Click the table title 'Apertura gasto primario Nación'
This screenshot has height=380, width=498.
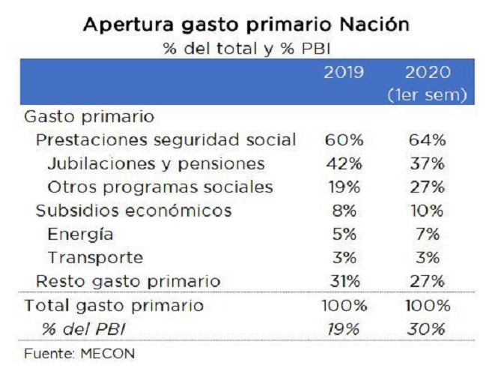click(246, 24)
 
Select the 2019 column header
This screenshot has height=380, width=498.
click(344, 73)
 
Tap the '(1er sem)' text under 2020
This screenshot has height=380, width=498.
click(427, 96)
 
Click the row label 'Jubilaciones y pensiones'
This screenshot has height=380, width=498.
click(156, 163)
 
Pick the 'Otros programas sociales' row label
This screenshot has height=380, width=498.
click(160, 187)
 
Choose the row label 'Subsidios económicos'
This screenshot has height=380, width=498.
click(134, 211)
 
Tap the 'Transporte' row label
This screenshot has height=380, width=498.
click(95, 258)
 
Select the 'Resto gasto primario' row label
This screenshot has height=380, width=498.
click(128, 281)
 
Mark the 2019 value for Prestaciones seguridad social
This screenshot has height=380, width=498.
click(344, 140)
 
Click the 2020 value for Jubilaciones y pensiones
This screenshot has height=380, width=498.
click(427, 163)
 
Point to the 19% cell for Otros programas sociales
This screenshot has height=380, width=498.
click(344, 187)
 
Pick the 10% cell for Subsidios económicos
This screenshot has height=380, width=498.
click(427, 211)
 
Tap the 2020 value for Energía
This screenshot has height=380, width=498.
click(427, 234)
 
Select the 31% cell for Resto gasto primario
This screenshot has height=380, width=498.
click(344, 281)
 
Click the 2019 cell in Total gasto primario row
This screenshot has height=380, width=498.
click(344, 306)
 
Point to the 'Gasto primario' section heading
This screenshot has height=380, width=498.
click(89, 117)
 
